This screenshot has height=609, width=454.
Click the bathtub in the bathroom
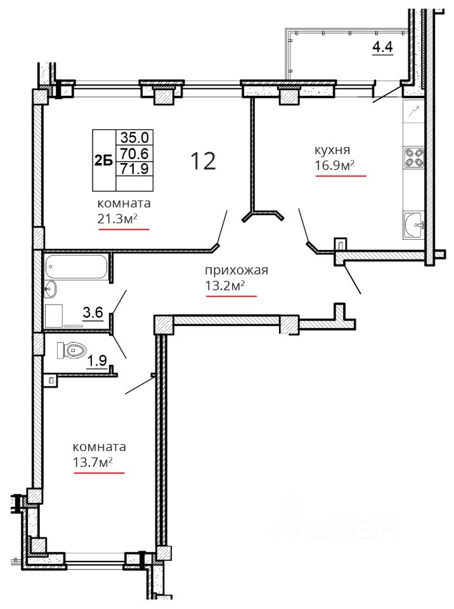tap(76, 266)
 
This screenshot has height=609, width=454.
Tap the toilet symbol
tap(72, 350)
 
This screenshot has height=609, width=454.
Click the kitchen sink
tap(413, 225)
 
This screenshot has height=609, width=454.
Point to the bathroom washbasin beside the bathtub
tap(51, 289)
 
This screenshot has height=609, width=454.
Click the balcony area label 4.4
tap(382, 47)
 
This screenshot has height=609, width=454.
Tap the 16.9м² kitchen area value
tap(334, 166)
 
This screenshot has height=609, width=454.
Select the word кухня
tap(332, 150)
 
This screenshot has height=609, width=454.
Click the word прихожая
tap(237, 270)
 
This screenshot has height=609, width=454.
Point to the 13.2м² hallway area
tap(225, 286)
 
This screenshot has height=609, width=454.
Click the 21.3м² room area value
tap(117, 219)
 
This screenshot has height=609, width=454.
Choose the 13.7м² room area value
tap(93, 462)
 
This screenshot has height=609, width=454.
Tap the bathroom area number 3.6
tap(93, 312)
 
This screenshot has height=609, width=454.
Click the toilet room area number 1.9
tap(97, 361)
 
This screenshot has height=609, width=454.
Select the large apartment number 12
tap(203, 160)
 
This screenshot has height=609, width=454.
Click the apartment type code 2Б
tap(104, 160)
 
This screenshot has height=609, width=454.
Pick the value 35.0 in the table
tap(134, 137)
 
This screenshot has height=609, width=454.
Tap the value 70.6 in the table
tap(134, 154)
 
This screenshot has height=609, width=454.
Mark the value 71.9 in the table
tap(134, 169)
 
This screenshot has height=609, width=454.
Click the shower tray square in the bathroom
tap(54, 315)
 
